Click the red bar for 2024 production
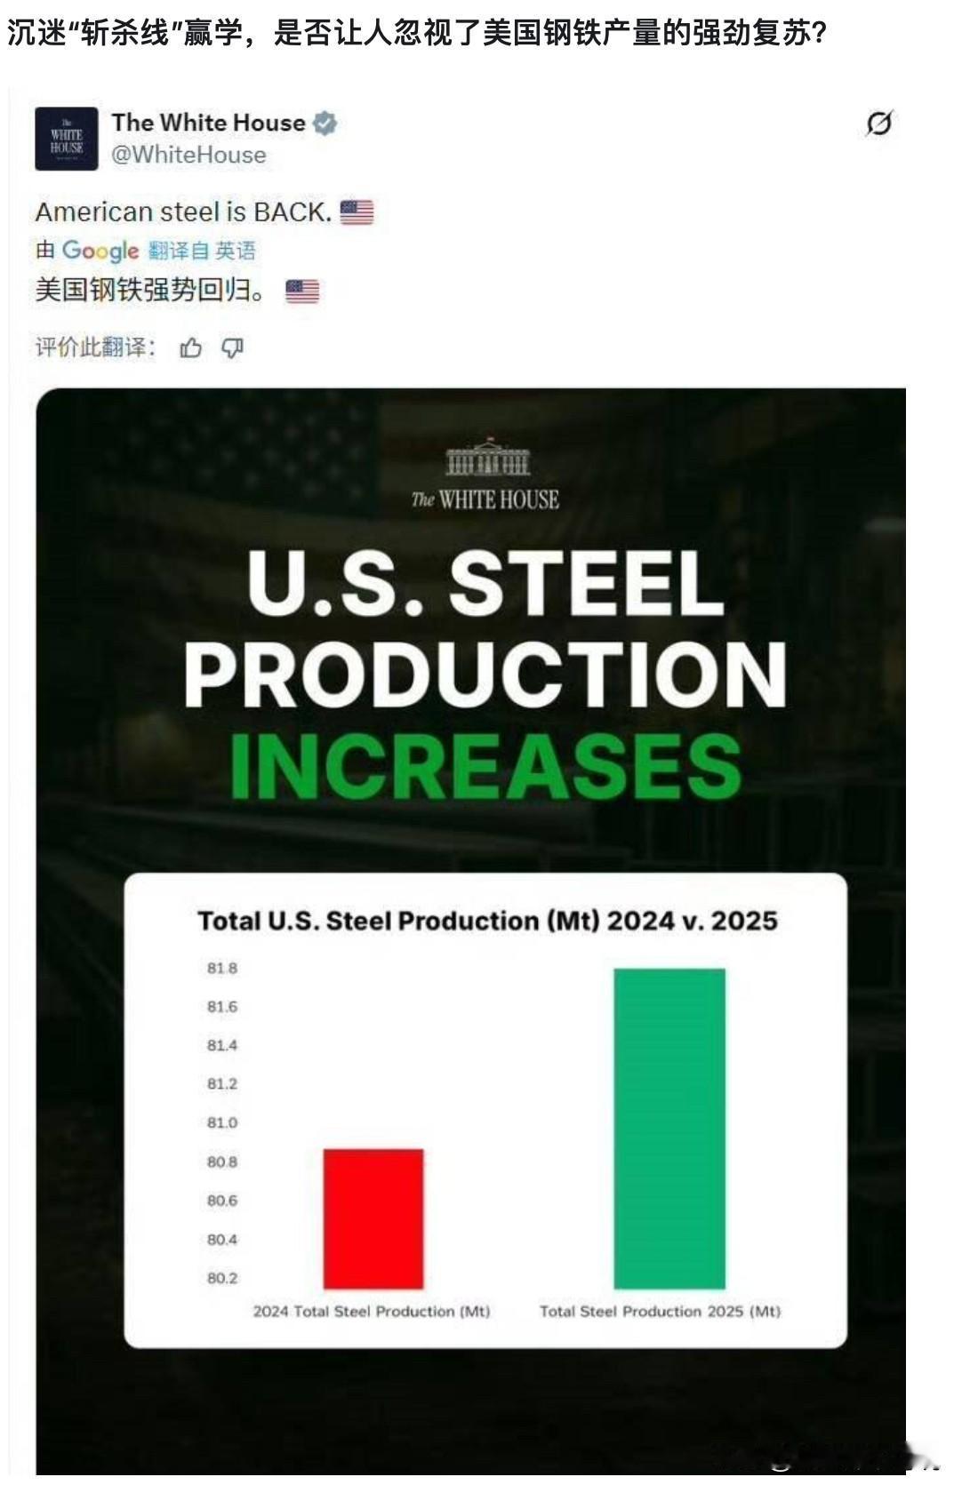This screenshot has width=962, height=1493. coord(373,1218)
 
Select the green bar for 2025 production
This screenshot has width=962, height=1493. coord(669,1128)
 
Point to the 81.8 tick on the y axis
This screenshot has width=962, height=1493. coord(222,968)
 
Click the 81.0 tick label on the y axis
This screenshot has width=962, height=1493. coord(222,1122)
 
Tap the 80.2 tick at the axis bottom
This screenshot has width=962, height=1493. coord(222,1278)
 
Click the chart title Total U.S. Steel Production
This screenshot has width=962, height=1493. coord(486,920)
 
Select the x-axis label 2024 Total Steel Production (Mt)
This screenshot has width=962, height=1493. coord(372,1311)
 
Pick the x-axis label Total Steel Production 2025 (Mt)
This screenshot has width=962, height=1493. coord(660,1311)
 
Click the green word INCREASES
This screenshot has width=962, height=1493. coord(485,766)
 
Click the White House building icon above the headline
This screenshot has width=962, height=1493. coord(486,457)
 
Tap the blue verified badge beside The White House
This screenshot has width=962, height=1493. coord(325,123)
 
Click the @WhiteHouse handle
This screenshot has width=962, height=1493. coord(188,155)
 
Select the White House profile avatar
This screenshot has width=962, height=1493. coord(67,139)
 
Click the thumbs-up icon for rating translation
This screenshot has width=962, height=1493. coord(190,348)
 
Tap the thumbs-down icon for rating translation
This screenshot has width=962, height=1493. coord(232,348)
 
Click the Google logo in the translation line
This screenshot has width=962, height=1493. coord(100,251)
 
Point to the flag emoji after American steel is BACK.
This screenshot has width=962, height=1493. coord(357,212)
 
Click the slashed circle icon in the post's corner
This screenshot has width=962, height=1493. coord(878,124)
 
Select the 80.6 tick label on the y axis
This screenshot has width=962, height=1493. coord(222,1201)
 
